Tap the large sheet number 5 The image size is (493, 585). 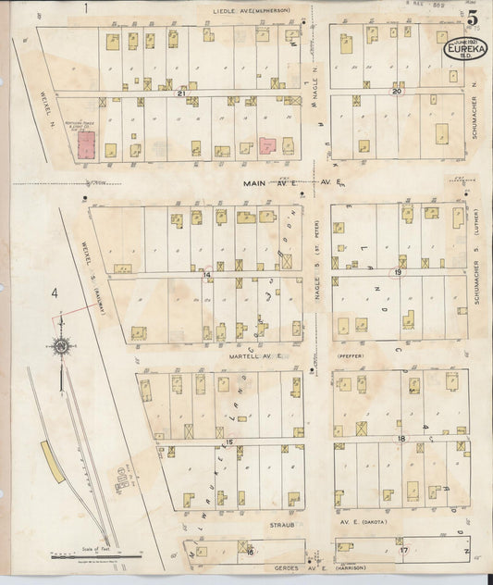tap(473, 19)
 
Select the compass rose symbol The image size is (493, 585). tap(61, 346)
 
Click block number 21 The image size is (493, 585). tap(182, 93)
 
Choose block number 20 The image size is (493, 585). tap(397, 92)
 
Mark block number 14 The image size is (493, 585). tap(207, 275)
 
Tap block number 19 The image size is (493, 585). tap(397, 273)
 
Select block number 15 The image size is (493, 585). tap(228, 442)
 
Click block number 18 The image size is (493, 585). tap(401, 438)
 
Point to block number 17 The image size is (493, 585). tap(403, 551)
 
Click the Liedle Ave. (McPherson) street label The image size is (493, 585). tap(252, 10)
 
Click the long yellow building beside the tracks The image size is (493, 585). tap(52, 460)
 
